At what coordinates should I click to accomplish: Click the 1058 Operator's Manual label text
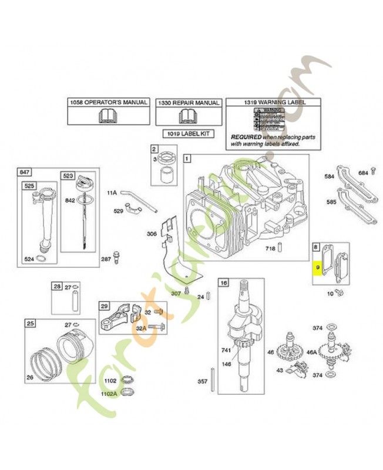point(108,102)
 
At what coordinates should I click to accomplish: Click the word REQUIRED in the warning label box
point(247,136)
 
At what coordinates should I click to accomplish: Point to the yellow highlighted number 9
point(317,267)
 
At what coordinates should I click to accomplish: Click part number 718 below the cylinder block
point(269,249)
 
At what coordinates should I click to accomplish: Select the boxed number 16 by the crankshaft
point(223,283)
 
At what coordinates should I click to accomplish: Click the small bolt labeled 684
point(372,172)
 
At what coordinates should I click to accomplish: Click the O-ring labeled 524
point(41,258)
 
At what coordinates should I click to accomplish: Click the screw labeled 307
point(186,290)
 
